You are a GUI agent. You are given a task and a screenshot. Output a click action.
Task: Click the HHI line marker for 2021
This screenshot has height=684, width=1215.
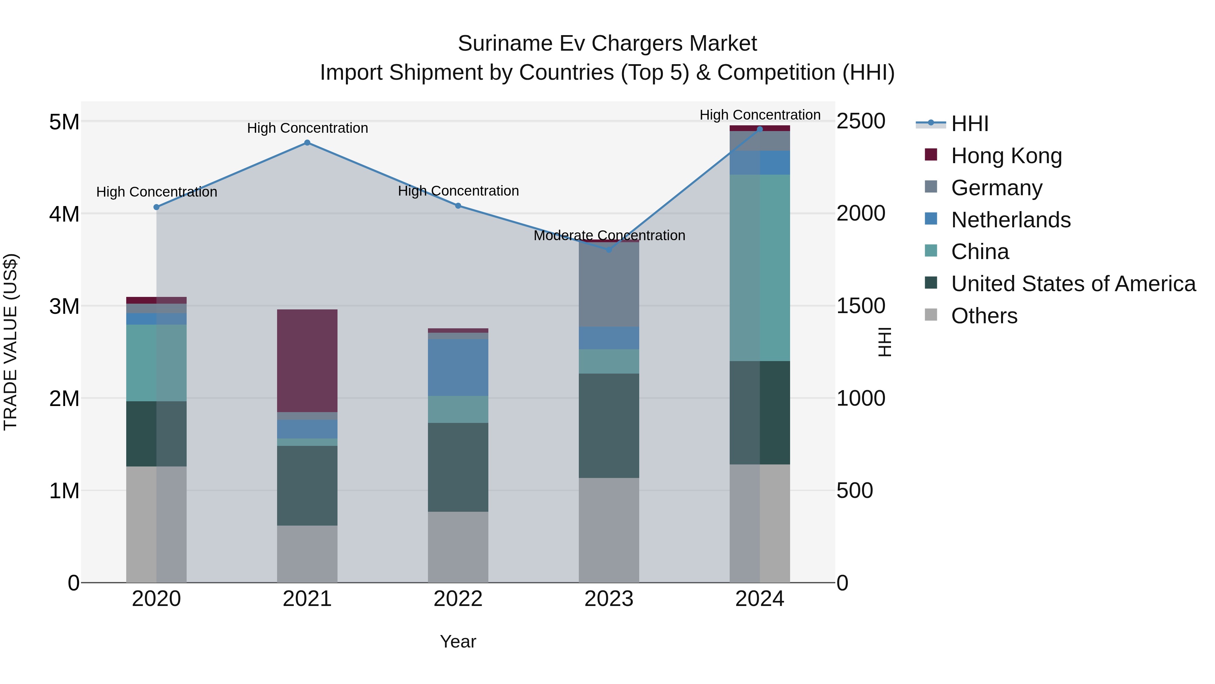(x=307, y=143)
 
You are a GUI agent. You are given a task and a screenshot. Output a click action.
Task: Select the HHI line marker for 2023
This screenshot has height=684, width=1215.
(x=609, y=250)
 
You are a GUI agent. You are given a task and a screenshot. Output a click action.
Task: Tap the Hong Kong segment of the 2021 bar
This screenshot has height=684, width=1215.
(x=307, y=361)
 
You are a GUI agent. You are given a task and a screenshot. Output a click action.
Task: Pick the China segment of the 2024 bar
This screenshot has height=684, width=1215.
(x=759, y=268)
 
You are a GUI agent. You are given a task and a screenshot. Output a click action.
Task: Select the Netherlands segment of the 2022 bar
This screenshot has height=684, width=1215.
(x=458, y=367)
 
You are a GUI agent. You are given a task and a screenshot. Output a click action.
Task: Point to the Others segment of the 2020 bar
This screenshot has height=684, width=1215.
(x=156, y=524)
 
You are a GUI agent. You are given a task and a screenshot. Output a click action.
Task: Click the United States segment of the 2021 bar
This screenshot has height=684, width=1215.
(x=307, y=485)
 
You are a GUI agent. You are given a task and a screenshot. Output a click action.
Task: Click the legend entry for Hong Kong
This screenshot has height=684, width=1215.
(x=1006, y=156)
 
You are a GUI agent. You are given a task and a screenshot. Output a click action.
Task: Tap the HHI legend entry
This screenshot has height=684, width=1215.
(x=969, y=124)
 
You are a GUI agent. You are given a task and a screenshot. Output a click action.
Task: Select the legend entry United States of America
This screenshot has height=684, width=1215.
(x=1073, y=284)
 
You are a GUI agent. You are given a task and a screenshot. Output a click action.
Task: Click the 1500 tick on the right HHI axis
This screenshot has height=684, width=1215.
(x=861, y=306)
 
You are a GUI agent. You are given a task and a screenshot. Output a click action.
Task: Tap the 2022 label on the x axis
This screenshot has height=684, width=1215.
(x=458, y=599)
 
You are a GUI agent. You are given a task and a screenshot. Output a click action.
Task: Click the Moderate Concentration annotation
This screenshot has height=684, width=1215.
(x=609, y=235)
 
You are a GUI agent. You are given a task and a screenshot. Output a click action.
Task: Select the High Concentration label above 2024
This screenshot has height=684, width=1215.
(x=759, y=115)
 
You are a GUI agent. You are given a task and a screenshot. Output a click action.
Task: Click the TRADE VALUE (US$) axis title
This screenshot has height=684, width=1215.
(x=10, y=342)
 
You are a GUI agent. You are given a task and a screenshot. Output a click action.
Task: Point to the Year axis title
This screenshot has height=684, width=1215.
(x=458, y=641)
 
